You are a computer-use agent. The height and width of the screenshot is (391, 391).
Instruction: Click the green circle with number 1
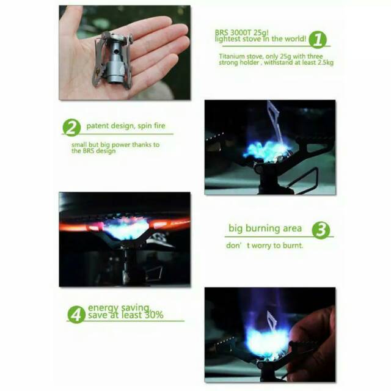click(x=318, y=40)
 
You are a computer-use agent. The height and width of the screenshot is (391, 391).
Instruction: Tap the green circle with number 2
click(x=71, y=128)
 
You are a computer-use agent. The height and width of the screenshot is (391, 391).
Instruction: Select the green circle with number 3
click(x=321, y=230)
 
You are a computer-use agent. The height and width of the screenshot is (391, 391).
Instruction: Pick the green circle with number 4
click(x=76, y=315)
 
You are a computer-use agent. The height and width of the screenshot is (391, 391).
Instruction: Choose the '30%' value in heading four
click(x=154, y=315)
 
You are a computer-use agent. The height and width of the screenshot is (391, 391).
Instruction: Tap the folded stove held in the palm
click(x=112, y=60)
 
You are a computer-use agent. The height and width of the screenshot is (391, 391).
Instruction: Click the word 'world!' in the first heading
click(x=294, y=39)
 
